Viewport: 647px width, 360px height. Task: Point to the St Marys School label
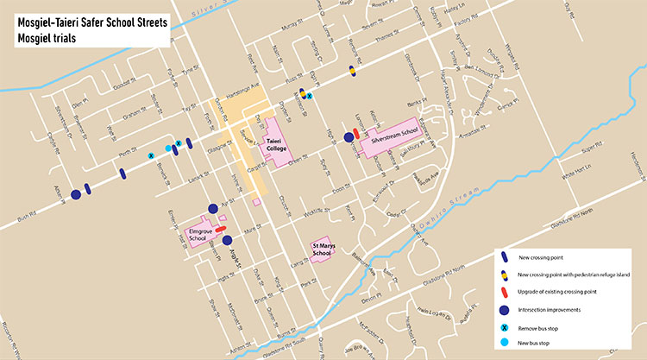(x=322, y=249)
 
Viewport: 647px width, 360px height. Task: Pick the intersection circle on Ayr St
(x=213, y=207)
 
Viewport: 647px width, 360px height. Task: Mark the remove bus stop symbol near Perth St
(x=152, y=155)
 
